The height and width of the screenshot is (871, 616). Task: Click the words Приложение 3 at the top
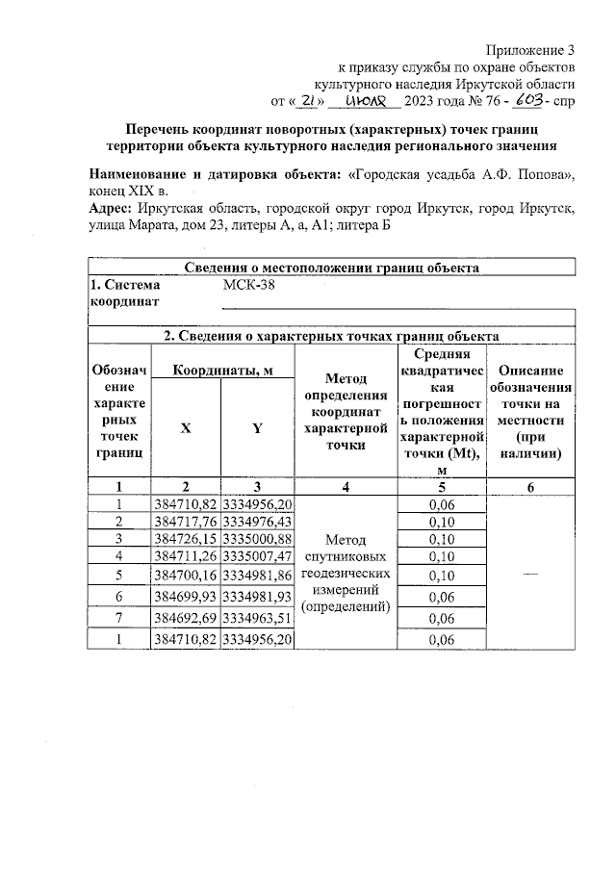pyautogui.click(x=530, y=49)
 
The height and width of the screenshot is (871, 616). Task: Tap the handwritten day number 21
pyautogui.click(x=307, y=100)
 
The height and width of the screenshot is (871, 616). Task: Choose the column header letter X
pyautogui.click(x=185, y=429)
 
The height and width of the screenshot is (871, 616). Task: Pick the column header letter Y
pyautogui.click(x=256, y=429)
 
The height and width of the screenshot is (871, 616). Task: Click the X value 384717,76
pyautogui.click(x=185, y=521)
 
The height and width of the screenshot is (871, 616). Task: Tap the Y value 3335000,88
pyautogui.click(x=257, y=538)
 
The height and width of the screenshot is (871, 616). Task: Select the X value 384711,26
pyautogui.click(x=185, y=555)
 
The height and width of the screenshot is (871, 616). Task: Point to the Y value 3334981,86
pyautogui.click(x=257, y=575)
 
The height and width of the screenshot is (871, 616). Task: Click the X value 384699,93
pyautogui.click(x=185, y=598)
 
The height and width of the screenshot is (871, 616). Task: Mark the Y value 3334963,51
pyautogui.click(x=257, y=618)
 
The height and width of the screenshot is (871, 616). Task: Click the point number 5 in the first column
pyautogui.click(x=119, y=575)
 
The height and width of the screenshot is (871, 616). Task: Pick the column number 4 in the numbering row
pyautogui.click(x=345, y=487)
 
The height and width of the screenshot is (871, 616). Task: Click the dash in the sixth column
pyautogui.click(x=531, y=574)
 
